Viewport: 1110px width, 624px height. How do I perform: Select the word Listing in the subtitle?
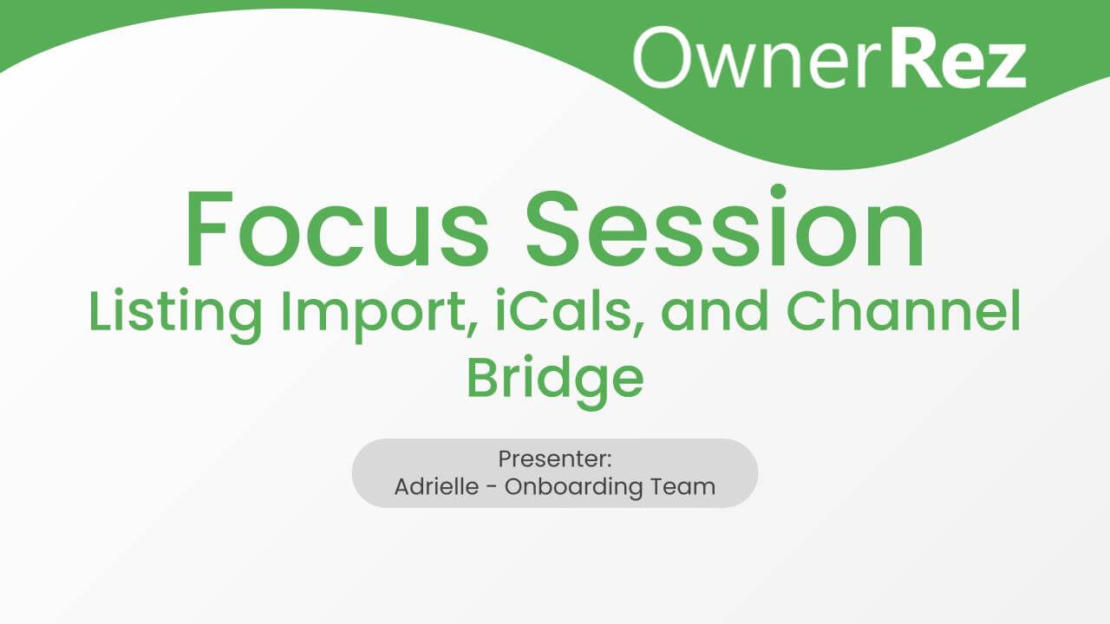click(174, 314)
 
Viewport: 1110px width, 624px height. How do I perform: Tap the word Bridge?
click(555, 378)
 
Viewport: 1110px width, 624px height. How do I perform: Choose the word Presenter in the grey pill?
click(555, 458)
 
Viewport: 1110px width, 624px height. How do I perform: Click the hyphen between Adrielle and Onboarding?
click(491, 488)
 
